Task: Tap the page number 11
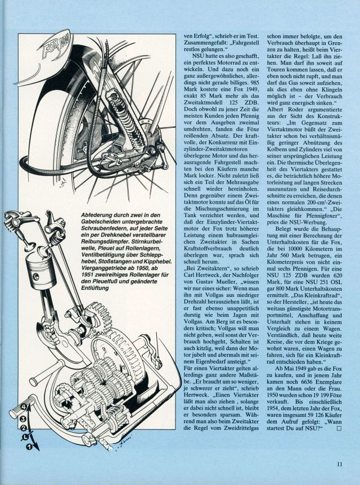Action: [340, 464]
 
